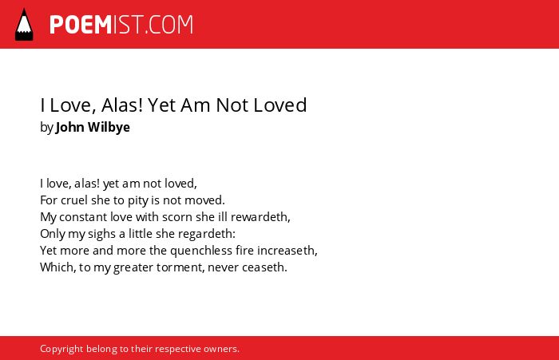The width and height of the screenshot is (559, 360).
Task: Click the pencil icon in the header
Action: pyautogui.click(x=24, y=24)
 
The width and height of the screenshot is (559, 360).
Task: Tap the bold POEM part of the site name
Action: pyautogui.click(x=81, y=25)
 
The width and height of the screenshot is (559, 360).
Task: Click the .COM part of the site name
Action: pyautogui.click(x=168, y=25)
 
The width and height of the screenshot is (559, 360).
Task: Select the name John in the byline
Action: pyautogui.click(x=70, y=127)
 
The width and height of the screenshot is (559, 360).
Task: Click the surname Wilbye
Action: pyautogui.click(x=109, y=127)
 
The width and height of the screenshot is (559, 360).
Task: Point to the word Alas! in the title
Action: pyautogui.click(x=122, y=105)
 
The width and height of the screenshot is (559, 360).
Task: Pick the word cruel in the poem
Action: pyautogui.click(x=74, y=200)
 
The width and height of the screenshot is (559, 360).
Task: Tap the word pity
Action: pyautogui.click(x=137, y=200)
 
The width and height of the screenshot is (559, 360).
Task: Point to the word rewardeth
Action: pyautogui.click(x=260, y=217)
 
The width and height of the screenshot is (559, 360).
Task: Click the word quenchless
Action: pyautogui.click(x=201, y=251)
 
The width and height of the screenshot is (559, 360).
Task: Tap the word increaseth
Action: pyautogui.click(x=287, y=251)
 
